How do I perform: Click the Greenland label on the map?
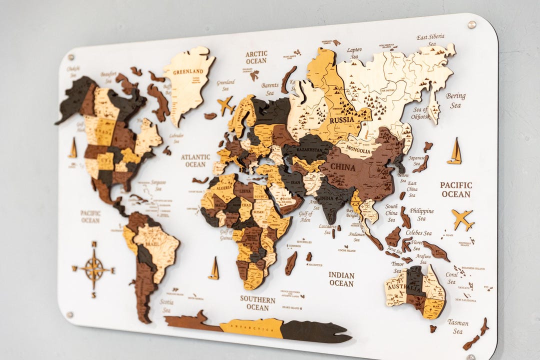188,71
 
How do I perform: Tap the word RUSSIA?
342,120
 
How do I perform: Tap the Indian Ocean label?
341,279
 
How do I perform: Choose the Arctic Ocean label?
256,57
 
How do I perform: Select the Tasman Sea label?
458,326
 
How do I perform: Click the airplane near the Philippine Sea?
462,218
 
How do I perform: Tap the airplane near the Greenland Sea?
225,105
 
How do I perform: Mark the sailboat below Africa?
214,268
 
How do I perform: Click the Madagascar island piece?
290,263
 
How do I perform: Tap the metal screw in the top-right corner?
471,24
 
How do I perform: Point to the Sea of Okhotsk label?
420,113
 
